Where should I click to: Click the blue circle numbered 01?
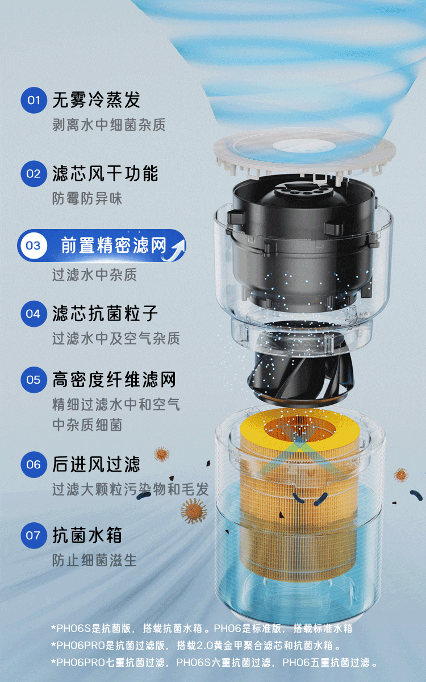[34, 100]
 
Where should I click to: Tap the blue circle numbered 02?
[34, 174]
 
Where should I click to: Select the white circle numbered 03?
[33, 246]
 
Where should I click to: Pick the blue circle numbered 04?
[34, 314]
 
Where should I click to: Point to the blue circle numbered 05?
[34, 380]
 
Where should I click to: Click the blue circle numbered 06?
[34, 464]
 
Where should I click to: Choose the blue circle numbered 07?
[34, 535]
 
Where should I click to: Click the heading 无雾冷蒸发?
[96, 100]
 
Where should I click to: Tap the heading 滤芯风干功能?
[105, 173]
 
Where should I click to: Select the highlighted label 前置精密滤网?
[114, 246]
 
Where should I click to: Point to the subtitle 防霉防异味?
[87, 198]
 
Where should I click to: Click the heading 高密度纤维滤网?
[114, 380]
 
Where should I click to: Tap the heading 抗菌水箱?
[87, 535]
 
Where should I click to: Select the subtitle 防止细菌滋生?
[94, 560]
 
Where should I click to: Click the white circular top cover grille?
[304, 150]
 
